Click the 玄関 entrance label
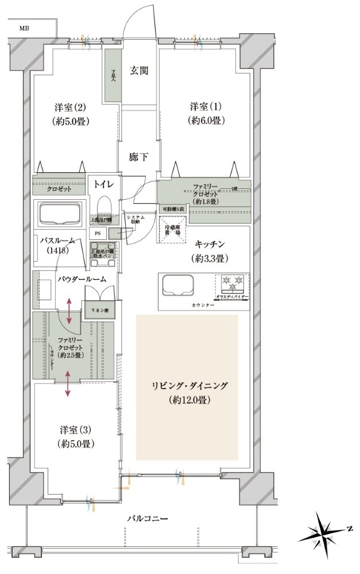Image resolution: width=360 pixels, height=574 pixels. (x=139, y=71)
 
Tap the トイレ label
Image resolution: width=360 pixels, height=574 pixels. (x=104, y=185)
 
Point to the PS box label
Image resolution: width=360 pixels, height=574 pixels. (x=97, y=234)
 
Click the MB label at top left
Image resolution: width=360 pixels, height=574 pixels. (x=24, y=28)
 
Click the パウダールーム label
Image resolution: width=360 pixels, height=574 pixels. (x=81, y=279)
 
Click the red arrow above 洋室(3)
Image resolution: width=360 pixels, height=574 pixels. (x=68, y=383)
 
